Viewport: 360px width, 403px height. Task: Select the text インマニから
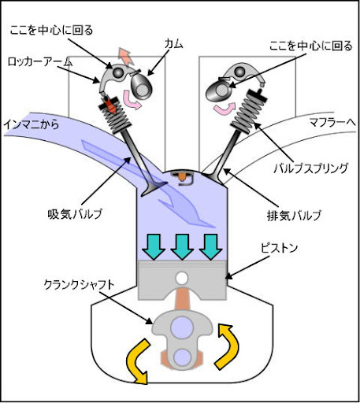click(x=32, y=124)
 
